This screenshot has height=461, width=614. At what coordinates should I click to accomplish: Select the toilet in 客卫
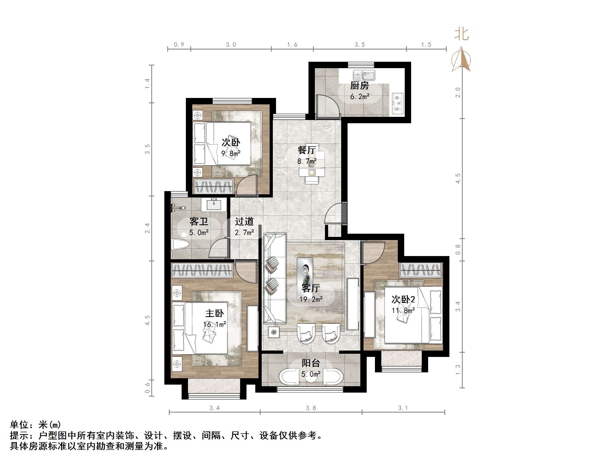tap(180, 244)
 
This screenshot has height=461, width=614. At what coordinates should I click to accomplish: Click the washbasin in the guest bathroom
tap(214, 204)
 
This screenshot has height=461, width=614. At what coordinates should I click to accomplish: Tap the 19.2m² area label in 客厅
tap(311, 299)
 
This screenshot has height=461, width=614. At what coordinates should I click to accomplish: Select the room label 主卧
tap(214, 313)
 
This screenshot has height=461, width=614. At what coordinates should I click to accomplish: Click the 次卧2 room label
tap(403, 299)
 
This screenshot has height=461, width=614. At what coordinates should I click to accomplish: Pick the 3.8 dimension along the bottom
tap(311, 408)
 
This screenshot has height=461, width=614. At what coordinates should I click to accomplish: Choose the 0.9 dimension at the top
tap(179, 45)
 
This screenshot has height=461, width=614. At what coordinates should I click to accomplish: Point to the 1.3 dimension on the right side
tap(458, 370)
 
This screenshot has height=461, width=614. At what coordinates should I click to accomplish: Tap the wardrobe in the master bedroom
tap(202, 270)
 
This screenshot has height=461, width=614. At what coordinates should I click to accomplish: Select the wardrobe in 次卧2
tap(420, 270)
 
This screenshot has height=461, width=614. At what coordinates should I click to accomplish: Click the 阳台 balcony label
tap(311, 363)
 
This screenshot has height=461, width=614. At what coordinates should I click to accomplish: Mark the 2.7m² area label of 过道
tap(244, 233)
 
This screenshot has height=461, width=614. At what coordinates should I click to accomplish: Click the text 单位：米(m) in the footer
tap(36, 425)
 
